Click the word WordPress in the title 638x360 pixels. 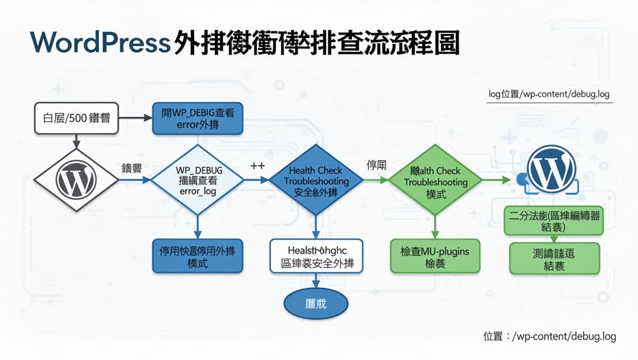click(99, 43)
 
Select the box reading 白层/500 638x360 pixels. click(76, 118)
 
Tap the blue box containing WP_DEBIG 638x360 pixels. click(197, 118)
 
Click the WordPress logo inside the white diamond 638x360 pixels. click(76, 180)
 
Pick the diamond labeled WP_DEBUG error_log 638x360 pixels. click(197, 180)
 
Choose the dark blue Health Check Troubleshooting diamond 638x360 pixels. click(316, 180)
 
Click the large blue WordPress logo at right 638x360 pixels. click(551, 169)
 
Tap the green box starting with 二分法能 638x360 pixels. click(554, 221)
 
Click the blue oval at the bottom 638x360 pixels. click(316, 304)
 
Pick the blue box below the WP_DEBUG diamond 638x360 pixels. click(197, 256)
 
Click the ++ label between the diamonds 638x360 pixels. click(258, 166)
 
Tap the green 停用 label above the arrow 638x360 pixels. click(376, 165)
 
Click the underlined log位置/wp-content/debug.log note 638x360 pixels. click(549, 94)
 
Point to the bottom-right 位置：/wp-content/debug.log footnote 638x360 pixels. click(549, 336)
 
